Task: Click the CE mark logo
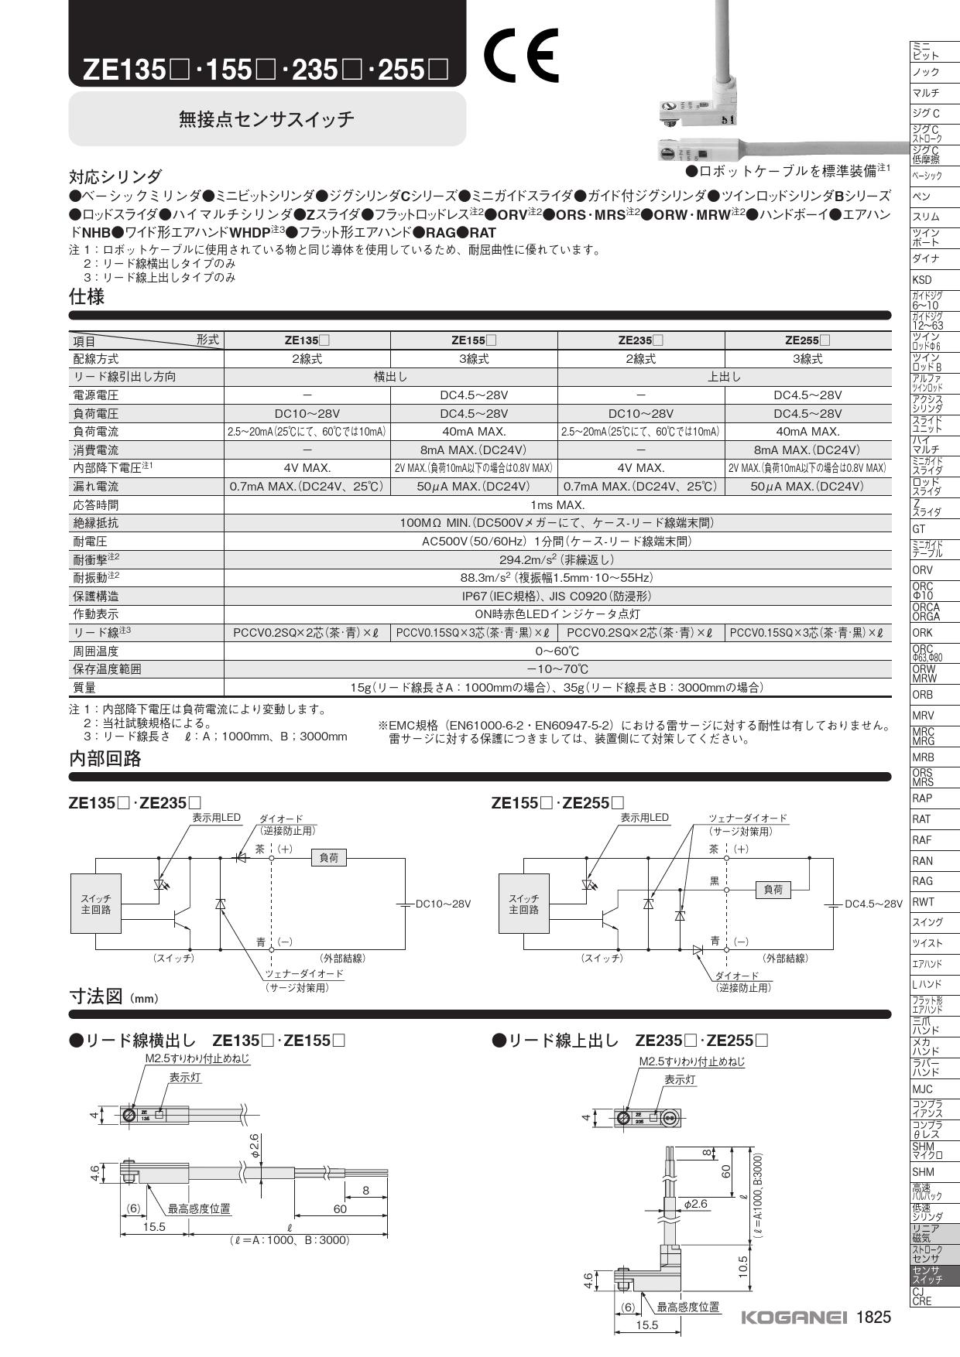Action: (520, 56)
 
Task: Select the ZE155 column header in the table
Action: (474, 340)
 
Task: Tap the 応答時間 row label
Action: (96, 505)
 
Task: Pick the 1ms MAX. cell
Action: (557, 505)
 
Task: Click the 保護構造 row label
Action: (96, 596)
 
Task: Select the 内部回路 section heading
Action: (105, 759)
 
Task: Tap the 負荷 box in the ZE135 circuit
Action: (329, 858)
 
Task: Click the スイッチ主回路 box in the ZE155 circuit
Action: (523, 904)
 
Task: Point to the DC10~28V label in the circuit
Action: (443, 904)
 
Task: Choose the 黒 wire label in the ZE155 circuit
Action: (715, 881)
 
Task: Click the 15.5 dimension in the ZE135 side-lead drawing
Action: (153, 1227)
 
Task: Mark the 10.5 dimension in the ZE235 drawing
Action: (742, 1266)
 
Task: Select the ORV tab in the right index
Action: (923, 570)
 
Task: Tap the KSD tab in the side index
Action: (922, 280)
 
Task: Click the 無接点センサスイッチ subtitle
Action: (266, 119)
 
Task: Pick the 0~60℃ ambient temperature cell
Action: (557, 651)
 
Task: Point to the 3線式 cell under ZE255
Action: (807, 359)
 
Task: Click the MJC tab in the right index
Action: (923, 1089)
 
